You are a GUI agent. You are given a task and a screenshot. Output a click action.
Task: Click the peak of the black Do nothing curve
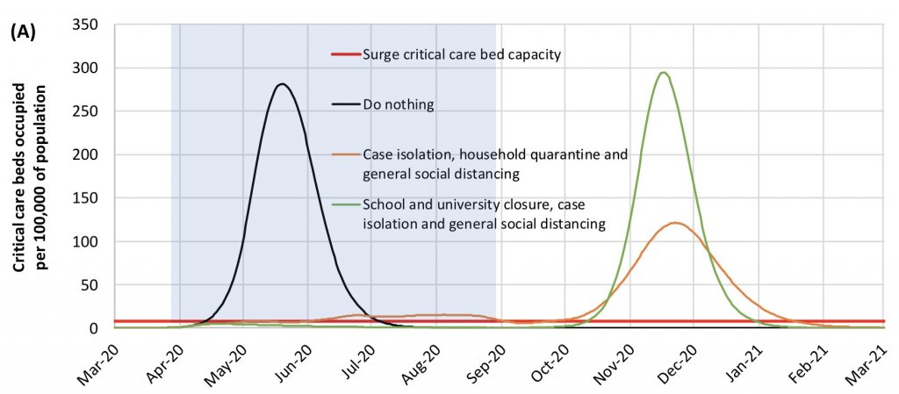[x=282, y=84]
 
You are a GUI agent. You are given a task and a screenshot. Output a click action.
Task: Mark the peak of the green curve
[x=664, y=73]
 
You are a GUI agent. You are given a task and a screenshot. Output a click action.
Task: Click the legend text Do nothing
[x=398, y=104]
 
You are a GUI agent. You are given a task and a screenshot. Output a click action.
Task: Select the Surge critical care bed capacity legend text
[x=462, y=54]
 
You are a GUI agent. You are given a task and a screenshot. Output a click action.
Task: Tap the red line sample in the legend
[x=345, y=54]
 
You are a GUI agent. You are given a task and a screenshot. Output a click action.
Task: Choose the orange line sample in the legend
[x=345, y=155]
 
